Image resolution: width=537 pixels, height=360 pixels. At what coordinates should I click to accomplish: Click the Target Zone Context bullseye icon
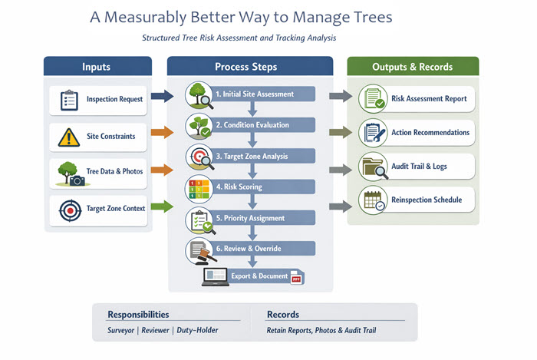pyautogui.click(x=70, y=209)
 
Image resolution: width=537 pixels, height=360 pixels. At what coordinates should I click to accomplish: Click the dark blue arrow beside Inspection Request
pyautogui.click(x=162, y=97)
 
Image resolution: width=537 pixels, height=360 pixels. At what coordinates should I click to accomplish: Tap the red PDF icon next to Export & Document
pyautogui.click(x=298, y=278)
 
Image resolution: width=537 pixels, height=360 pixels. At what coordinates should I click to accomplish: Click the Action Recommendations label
pyautogui.click(x=430, y=133)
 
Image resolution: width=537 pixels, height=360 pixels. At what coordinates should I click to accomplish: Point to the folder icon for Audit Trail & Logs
pyautogui.click(x=374, y=167)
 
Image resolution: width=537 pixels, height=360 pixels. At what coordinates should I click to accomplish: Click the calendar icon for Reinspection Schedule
pyautogui.click(x=374, y=201)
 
